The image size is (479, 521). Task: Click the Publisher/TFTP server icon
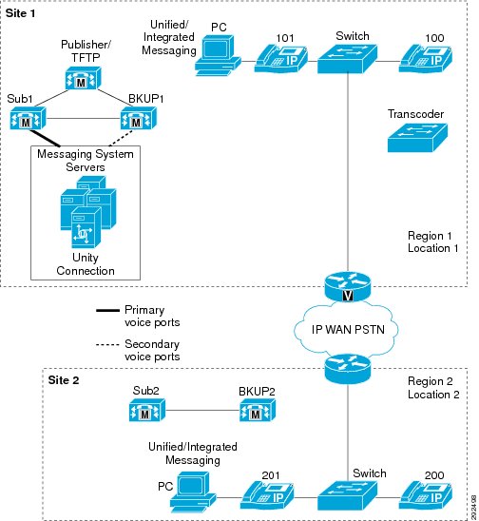pos(83,78)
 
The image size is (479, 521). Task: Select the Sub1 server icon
pos(28,118)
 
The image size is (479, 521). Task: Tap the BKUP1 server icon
pos(138,118)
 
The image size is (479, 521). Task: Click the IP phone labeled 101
pos(281,59)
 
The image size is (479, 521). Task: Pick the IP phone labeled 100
pos(425,59)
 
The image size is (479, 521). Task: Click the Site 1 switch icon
pos(347,59)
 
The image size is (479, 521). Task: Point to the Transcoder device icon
pos(417,138)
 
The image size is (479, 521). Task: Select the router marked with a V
pos(348,286)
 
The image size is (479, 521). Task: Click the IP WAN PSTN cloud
pos(346,329)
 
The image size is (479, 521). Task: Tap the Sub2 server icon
pos(146,410)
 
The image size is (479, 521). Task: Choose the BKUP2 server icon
pos(258,410)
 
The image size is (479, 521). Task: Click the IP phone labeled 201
pos(267,496)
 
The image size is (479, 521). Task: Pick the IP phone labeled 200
pos(425,496)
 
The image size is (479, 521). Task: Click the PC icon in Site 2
pos(193,492)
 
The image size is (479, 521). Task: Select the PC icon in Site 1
pos(218,55)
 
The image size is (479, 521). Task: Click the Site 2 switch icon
pos(347,496)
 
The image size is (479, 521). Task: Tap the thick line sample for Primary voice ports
pos(107,311)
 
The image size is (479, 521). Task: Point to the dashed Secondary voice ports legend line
pos(107,344)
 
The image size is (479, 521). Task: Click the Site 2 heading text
pos(64,380)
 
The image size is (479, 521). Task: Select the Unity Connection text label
pos(86,264)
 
